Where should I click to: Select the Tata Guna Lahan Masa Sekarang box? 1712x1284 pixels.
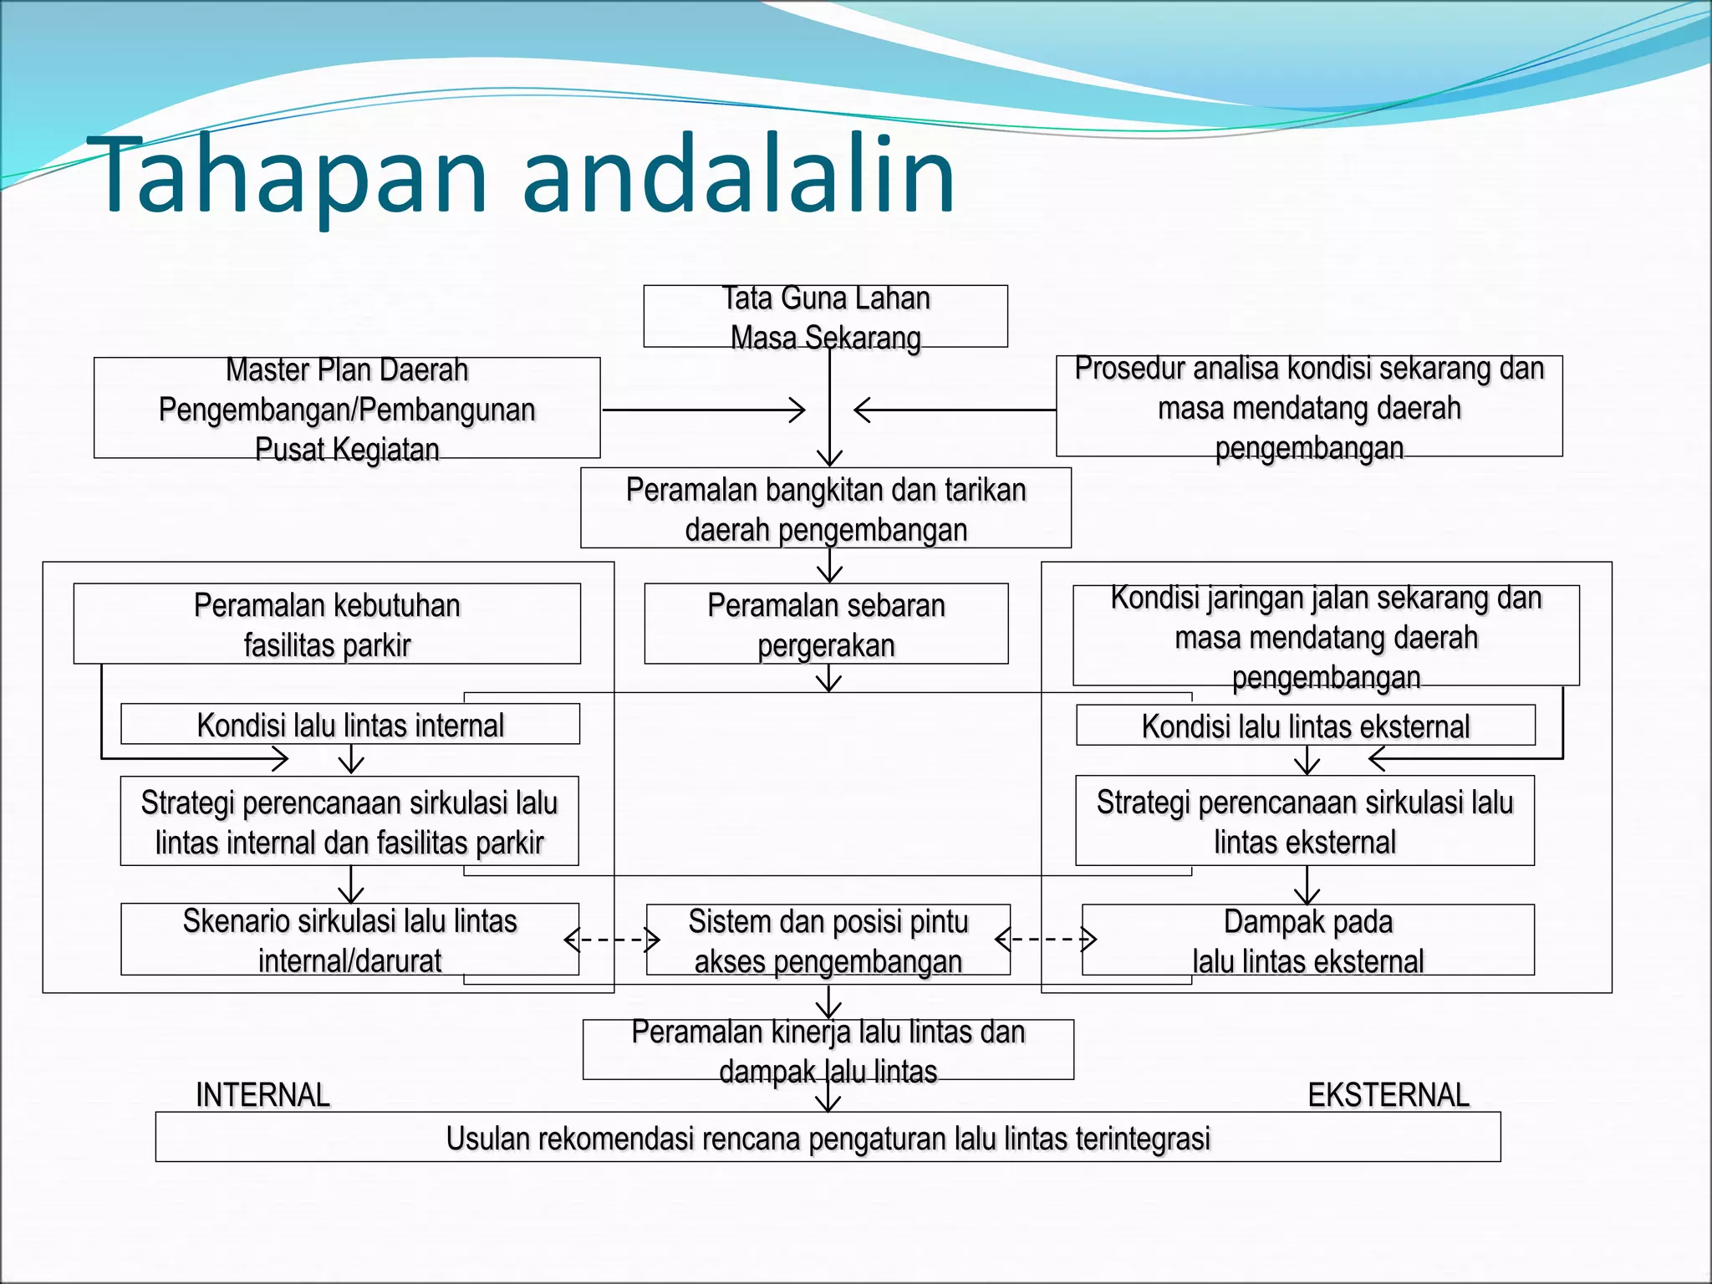pyautogui.click(x=825, y=317)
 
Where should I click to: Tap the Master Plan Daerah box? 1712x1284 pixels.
pyautogui.click(x=347, y=409)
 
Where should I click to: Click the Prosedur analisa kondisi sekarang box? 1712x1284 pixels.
pyautogui.click(x=1309, y=407)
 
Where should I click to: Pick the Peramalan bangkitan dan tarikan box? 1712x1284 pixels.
pyautogui.click(x=826, y=508)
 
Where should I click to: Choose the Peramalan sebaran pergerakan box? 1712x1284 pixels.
pyautogui.click(x=826, y=624)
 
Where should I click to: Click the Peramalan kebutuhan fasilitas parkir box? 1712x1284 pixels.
pyautogui.click(x=327, y=624)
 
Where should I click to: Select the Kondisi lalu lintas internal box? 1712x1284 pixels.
pyautogui.click(x=350, y=725)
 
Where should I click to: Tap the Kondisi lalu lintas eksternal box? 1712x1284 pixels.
pyautogui.click(x=1305, y=726)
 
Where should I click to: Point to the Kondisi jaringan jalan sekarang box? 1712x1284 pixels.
pyautogui.click(x=1326, y=636)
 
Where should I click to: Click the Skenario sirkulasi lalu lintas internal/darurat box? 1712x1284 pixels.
pyautogui.click(x=349, y=940)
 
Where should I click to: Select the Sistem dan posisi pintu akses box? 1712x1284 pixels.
pyautogui.click(x=828, y=940)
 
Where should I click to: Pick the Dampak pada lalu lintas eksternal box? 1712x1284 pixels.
pyautogui.click(x=1308, y=940)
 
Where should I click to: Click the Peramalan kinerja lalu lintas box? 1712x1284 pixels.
pyautogui.click(x=828, y=1050)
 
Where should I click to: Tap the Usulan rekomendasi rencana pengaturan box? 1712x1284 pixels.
pyautogui.click(x=828, y=1138)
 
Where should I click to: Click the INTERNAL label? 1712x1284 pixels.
pyautogui.click(x=262, y=1094)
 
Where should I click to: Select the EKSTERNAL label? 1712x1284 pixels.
pyautogui.click(x=1388, y=1094)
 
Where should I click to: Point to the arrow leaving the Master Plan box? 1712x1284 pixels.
pyautogui.click(x=703, y=410)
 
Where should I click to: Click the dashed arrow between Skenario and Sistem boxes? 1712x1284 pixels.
pyautogui.click(x=612, y=940)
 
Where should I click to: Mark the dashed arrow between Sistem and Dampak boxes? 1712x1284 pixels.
pyautogui.click(x=1046, y=940)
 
